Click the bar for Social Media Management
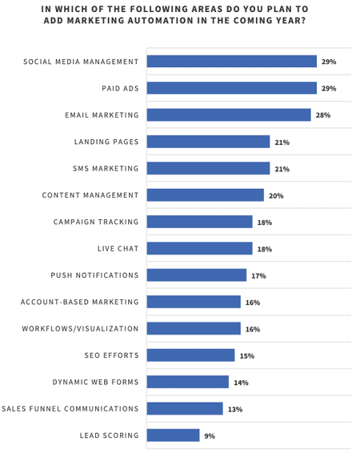[232, 62]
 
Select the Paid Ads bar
[232, 88]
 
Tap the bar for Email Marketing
[229, 115]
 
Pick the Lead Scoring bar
[174, 435]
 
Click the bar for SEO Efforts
[191, 355]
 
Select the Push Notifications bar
[197, 275]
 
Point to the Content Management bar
[206, 195]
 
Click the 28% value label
[323, 115]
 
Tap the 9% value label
[210, 436]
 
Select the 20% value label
[276, 195]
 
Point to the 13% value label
[235, 409]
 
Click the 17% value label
[258, 275]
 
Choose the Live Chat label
[118, 248]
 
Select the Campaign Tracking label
[96, 222]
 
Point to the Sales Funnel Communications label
[70, 408]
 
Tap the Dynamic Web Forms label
[95, 382]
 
